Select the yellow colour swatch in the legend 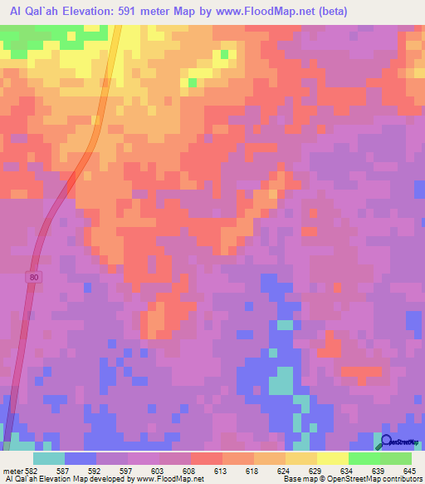tap(332, 458)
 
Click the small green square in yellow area tap(193, 81)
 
